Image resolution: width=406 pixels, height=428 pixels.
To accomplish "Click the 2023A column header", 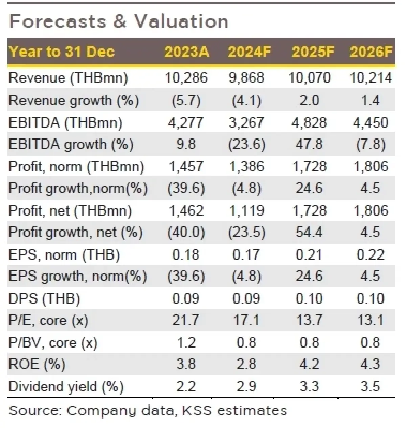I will [186, 52].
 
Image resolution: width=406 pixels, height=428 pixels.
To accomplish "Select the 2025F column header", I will [313, 52].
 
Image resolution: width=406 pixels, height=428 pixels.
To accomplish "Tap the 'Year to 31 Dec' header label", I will [62, 52].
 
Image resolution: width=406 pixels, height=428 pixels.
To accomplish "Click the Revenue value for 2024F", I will [246, 78].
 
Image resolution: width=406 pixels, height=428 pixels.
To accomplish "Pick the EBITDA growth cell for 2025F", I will [309, 144].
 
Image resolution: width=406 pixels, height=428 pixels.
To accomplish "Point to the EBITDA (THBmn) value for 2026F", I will [370, 123].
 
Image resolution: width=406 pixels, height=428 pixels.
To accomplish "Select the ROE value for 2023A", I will [186, 364].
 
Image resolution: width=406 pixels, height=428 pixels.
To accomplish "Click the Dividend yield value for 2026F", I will [370, 386].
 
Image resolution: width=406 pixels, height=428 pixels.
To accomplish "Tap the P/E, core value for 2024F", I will [246, 320].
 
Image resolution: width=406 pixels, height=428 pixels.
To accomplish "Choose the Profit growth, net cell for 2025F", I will [309, 232].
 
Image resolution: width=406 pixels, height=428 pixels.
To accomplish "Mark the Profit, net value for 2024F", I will [246, 211].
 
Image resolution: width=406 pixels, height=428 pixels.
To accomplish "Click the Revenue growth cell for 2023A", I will [186, 101].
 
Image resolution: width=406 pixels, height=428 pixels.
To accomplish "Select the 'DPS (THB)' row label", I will [44, 299].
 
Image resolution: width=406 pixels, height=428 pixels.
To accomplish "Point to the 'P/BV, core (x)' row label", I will [53, 343].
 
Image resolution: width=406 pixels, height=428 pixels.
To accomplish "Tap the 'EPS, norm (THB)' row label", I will [64, 255].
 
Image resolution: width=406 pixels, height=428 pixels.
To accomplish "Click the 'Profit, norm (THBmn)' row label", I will [76, 167].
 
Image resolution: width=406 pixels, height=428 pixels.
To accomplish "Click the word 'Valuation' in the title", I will [181, 22].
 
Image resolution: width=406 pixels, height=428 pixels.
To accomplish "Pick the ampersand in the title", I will [120, 22].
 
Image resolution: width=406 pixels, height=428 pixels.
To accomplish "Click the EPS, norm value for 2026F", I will [370, 255].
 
